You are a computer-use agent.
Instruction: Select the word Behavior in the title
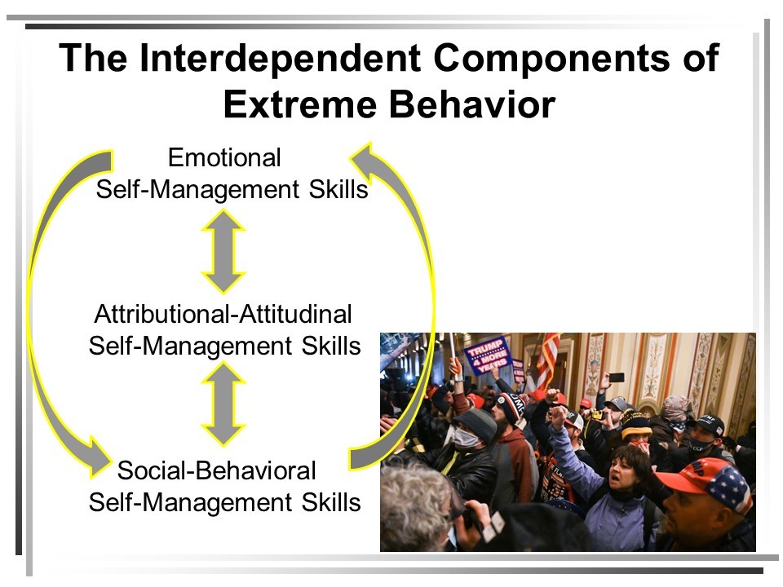(472, 104)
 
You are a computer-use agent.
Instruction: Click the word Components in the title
(551, 59)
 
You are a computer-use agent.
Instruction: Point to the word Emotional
(224, 157)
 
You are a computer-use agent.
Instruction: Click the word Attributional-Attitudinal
(223, 314)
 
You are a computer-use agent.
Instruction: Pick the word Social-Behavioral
(216, 470)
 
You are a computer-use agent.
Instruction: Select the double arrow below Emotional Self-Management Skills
(223, 251)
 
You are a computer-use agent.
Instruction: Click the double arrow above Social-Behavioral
(223, 404)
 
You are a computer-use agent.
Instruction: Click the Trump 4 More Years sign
(487, 355)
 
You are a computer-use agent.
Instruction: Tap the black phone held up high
(617, 377)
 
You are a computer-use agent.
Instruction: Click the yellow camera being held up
(595, 414)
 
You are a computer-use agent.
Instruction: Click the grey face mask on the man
(466, 439)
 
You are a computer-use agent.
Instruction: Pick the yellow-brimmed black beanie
(636, 426)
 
